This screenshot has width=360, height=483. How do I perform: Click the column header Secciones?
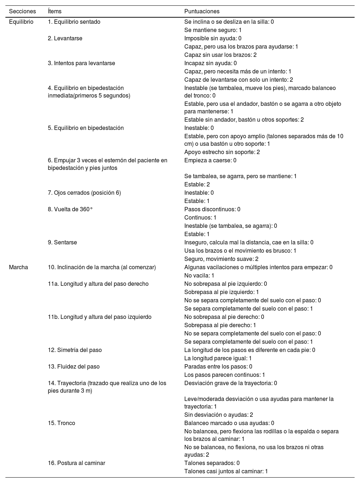pyautogui.click(x=22, y=12)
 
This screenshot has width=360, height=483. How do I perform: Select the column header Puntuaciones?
pyautogui.click(x=202, y=12)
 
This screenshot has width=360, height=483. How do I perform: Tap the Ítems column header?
pyautogui.click(x=55, y=12)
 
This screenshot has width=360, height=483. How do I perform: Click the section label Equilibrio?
pyautogui.click(x=21, y=22)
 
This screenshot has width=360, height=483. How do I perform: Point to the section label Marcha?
pyautogui.click(x=18, y=267)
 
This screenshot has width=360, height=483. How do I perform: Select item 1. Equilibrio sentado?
pyautogui.click(x=74, y=22)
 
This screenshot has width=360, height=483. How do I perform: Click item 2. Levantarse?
pyautogui.click(x=65, y=39)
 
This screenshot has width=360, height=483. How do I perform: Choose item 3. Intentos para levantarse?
pyautogui.click(x=81, y=63)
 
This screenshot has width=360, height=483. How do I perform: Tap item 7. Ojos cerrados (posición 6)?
pyautogui.click(x=84, y=193)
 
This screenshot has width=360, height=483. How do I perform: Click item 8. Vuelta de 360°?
pyautogui.click(x=70, y=209)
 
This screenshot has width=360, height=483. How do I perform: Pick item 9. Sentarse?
pyautogui.click(x=62, y=243)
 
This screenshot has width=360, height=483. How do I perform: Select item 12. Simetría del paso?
pyautogui.click(x=75, y=350)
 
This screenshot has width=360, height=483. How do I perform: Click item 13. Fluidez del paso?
pyautogui.click(x=74, y=367)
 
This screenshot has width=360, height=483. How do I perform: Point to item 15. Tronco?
pyautogui.click(x=62, y=423)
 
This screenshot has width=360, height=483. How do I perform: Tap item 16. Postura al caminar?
pyautogui.click(x=76, y=463)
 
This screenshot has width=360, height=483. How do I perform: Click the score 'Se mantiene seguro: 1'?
pyautogui.click(x=213, y=30)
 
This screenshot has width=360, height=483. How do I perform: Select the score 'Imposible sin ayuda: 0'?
pyautogui.click(x=213, y=39)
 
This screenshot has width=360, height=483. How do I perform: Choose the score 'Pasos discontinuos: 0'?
pyautogui.click(x=212, y=209)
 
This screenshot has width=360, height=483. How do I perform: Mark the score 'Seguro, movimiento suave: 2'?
pyautogui.click(x=221, y=259)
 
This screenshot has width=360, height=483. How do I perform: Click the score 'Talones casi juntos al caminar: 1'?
pyautogui.click(x=226, y=471)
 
